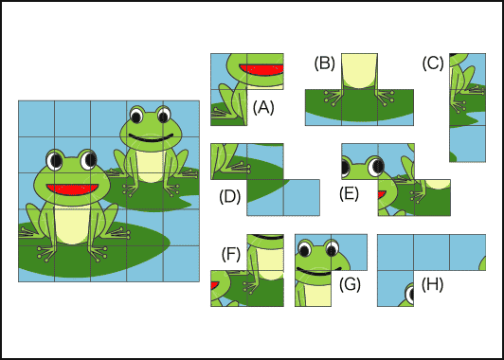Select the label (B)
[325, 63]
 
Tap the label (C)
[434, 63]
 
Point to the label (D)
[228, 197]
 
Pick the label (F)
[230, 254]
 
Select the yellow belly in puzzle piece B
[358, 70]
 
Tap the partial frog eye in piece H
[410, 297]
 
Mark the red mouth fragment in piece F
[216, 283]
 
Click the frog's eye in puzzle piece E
[362, 168]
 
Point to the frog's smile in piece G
[314, 268]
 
